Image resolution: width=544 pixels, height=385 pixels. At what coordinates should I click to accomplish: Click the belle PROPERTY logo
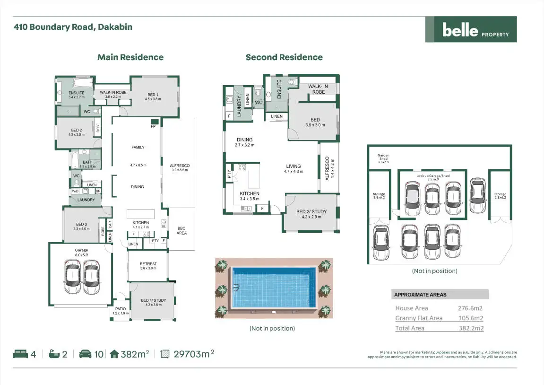(x=471, y=30)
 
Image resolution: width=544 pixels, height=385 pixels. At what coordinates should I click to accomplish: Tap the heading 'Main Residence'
(x=130, y=57)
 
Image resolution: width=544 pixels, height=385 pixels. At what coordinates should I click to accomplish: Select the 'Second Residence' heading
(x=284, y=57)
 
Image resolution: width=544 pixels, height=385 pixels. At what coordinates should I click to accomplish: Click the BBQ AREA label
(x=181, y=230)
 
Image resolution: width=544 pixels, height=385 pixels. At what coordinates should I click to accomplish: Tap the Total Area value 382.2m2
(x=471, y=328)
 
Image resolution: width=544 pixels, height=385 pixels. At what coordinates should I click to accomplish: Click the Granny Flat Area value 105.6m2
(x=471, y=318)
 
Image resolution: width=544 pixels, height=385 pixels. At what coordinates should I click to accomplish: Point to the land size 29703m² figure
(x=193, y=354)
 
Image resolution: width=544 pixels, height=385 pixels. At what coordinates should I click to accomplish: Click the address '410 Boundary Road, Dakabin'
(x=73, y=27)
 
